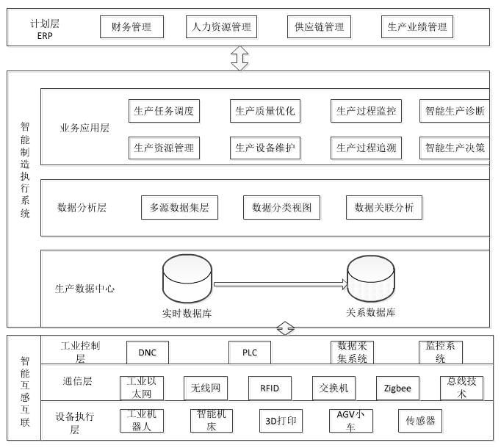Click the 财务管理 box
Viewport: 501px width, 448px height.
pos(131,27)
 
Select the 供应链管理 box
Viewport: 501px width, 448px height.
pos(319,27)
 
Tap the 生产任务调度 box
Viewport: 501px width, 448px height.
pos(164,112)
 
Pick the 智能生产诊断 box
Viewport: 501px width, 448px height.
pos(455,112)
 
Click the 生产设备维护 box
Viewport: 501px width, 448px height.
pos(265,148)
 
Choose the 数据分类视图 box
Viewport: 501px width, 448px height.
pos(281,208)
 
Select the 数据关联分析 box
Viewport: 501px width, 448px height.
pos(383,208)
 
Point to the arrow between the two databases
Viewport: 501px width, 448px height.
pos(280,283)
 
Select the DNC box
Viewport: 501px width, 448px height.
pos(147,353)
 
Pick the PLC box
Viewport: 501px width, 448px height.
pos(250,353)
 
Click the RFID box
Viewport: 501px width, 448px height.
pos(270,388)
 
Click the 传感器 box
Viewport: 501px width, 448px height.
pos(420,422)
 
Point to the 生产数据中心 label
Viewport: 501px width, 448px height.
pos(85,289)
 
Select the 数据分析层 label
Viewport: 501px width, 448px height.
pos(82,208)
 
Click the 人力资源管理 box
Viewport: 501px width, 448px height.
pos(221,27)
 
